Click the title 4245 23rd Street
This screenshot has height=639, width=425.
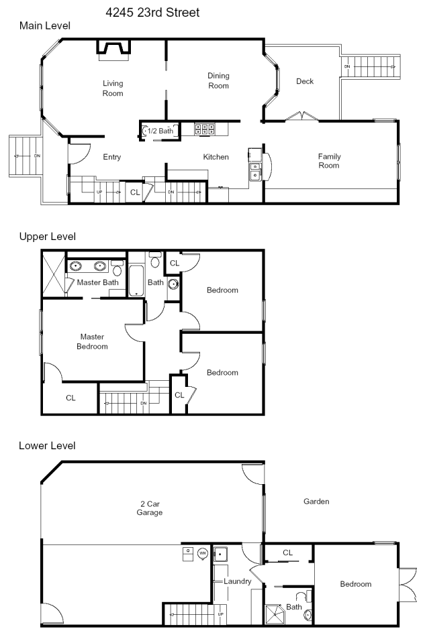[x=152, y=13]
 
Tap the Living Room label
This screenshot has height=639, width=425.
[x=113, y=88]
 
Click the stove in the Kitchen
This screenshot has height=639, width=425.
[x=205, y=129]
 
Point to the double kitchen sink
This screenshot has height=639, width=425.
[x=254, y=171]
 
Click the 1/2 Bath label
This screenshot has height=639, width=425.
[x=160, y=131]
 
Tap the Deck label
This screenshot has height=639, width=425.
[x=305, y=81]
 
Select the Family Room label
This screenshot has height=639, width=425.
[x=329, y=160]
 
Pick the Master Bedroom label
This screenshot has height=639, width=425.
[x=92, y=341]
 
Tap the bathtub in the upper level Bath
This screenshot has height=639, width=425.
[x=136, y=280]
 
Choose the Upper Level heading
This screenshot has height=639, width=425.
[x=48, y=237]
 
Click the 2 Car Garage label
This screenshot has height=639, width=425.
[x=150, y=508]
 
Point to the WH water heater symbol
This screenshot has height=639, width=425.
[x=203, y=553]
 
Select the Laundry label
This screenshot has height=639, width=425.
[x=237, y=581]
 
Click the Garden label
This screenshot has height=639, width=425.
[x=316, y=502]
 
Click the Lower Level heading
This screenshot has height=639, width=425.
[x=47, y=445]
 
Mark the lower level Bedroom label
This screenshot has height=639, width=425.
[x=356, y=584]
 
